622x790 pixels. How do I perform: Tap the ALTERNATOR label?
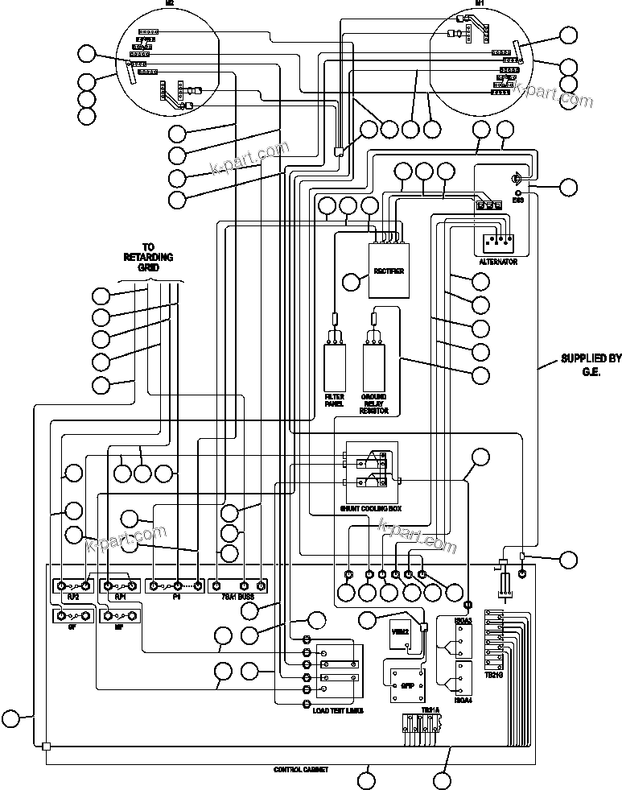click(x=497, y=263)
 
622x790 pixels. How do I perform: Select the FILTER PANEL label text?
click(x=334, y=400)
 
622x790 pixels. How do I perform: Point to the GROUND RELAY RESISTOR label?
click(x=375, y=404)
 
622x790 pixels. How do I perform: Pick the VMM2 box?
click(x=400, y=633)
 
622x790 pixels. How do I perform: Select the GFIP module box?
click(x=406, y=684)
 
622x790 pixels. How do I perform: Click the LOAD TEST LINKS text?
click(x=337, y=711)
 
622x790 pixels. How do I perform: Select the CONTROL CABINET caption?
click(x=300, y=770)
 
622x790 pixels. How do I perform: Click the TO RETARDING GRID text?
click(x=147, y=257)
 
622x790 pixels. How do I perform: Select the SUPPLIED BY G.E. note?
click(x=591, y=364)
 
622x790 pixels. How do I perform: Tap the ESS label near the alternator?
click(x=517, y=200)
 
